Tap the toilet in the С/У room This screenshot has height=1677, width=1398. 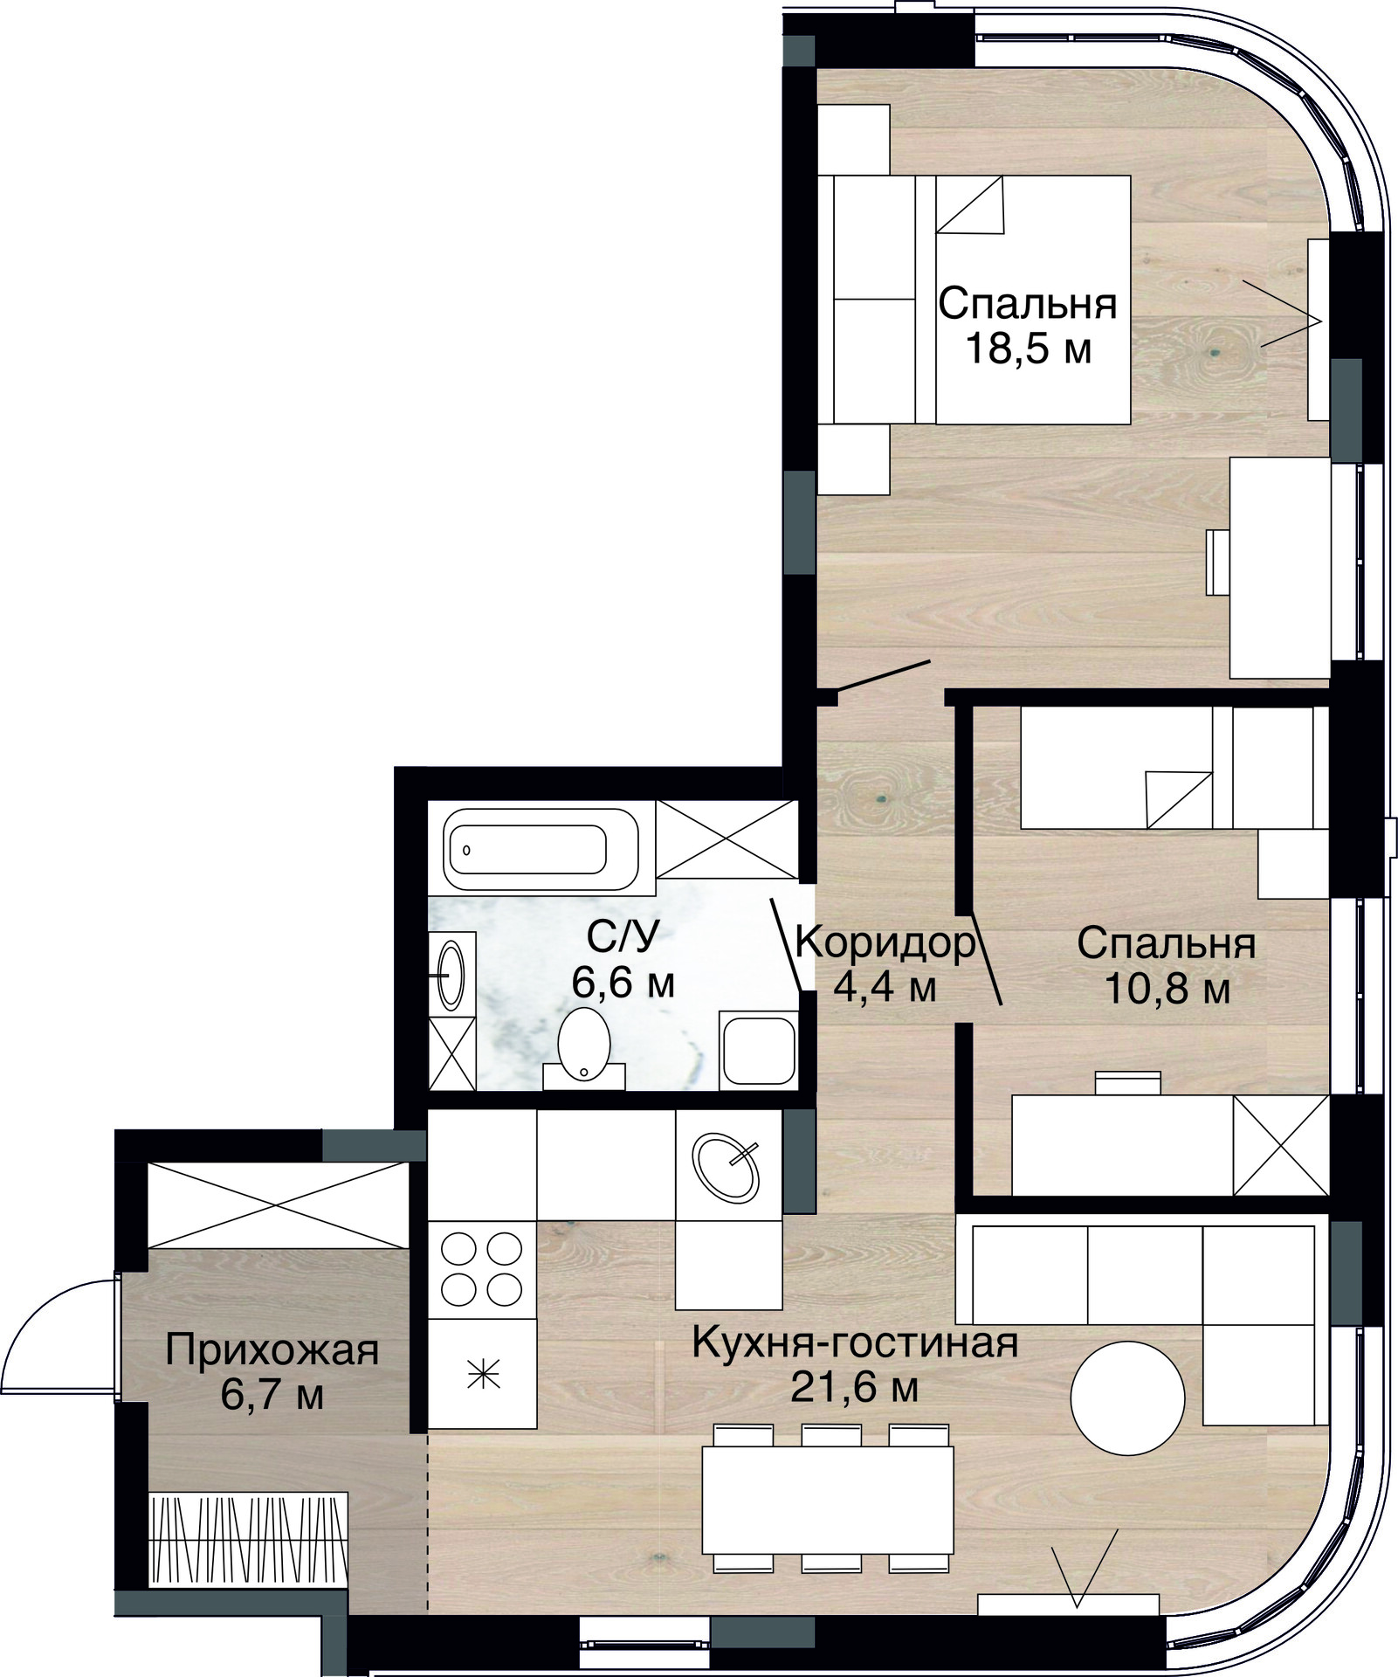(x=584, y=1049)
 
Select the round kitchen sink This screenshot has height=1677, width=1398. (x=726, y=1164)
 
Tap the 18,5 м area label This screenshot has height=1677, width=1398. (x=1029, y=350)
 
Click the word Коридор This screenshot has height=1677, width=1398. (x=885, y=943)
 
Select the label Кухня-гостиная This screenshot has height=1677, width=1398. (x=856, y=1342)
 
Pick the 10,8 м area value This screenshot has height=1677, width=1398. (x=1167, y=990)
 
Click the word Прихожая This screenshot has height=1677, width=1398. (x=272, y=1351)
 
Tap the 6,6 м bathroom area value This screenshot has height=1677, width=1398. (x=623, y=983)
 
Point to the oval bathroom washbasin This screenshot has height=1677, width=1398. (x=451, y=974)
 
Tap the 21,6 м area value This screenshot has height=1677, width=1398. (x=854, y=1388)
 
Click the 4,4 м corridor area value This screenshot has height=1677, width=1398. (x=885, y=989)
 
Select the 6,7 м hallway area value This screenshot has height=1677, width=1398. (x=272, y=1396)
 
